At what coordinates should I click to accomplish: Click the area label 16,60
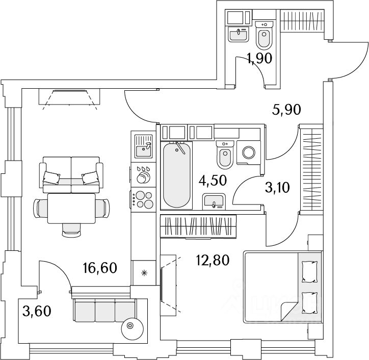pos(100,268)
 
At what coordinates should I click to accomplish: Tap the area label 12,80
pos(213,261)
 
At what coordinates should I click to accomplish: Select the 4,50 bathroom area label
pos(213,181)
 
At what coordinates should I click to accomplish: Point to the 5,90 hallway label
pos(286,110)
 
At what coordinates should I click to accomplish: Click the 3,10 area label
pos(277,188)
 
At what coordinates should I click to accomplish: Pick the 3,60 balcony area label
pos(37,311)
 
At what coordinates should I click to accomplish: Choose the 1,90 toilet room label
pos(259,59)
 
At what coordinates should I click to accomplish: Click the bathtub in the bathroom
pos(176,175)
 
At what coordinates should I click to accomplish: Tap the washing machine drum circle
pos(249,152)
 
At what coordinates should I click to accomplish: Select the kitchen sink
pos(143,146)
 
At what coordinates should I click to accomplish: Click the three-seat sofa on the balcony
pos(105,311)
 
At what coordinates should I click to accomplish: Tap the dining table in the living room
pos(71,209)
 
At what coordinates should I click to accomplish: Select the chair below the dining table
pos(71,230)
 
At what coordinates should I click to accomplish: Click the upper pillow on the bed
pos(310,272)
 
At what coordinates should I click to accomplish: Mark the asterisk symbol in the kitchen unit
pos(144,273)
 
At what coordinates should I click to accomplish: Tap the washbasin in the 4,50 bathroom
pos(214,201)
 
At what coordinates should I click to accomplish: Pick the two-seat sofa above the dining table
pos(71,175)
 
